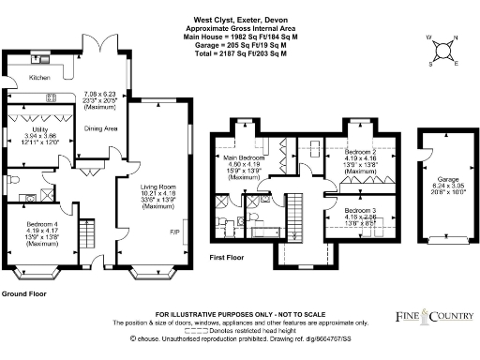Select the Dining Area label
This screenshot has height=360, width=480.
click(x=100, y=128)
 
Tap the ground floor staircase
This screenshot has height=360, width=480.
click(x=87, y=231)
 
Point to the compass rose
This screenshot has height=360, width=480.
click(x=443, y=51)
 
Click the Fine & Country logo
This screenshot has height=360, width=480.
click(x=431, y=317)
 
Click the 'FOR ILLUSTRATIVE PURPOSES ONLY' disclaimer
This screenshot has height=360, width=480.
click(x=240, y=312)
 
